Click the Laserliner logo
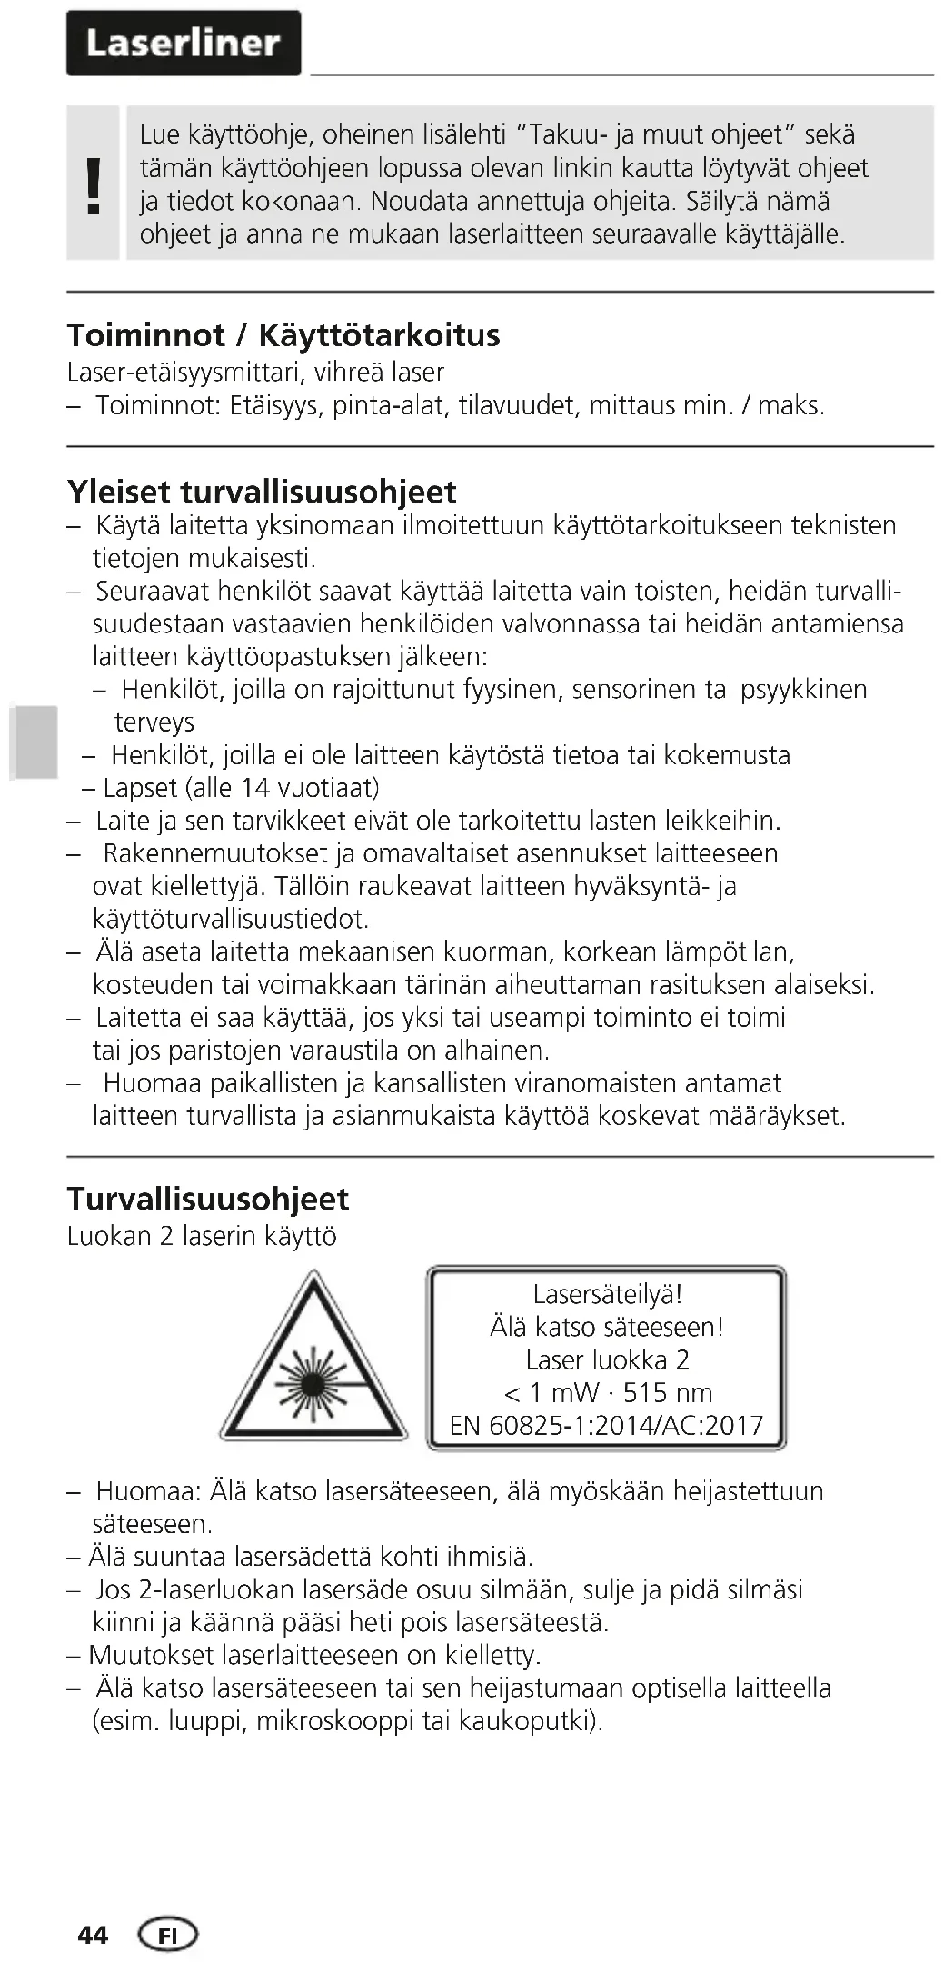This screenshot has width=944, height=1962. click(x=183, y=43)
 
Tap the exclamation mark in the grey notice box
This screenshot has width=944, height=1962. click(x=93, y=185)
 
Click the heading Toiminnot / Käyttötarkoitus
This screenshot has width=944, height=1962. click(x=283, y=335)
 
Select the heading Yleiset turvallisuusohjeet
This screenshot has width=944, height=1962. click(x=262, y=492)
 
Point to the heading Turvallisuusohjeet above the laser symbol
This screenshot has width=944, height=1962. click(x=207, y=1199)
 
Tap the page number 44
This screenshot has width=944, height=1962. click(x=93, y=1935)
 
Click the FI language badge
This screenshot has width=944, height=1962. click(x=167, y=1935)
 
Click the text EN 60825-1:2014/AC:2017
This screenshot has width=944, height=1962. click(x=606, y=1425)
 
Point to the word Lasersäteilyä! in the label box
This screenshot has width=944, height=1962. click(x=607, y=1294)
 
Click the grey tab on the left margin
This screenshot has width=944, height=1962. click(x=35, y=742)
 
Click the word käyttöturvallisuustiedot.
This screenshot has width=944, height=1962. click(x=230, y=919)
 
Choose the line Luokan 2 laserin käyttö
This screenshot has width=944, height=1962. click(x=202, y=1236)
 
